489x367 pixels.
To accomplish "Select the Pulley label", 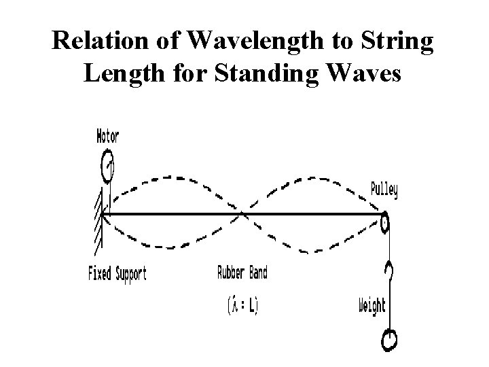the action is [384, 190].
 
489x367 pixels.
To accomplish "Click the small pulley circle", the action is [384, 222].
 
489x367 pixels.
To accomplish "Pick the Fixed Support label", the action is [117, 275].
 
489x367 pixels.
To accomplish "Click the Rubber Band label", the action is [242, 273].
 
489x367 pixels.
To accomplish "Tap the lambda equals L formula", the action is [243, 305].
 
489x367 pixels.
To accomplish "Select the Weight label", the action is [372, 305].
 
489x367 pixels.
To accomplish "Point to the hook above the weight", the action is [389, 270].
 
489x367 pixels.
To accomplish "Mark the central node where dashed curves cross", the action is [242, 215].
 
